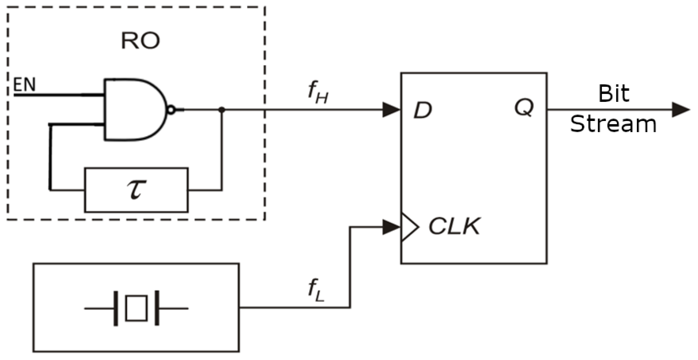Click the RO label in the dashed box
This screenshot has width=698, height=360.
[140, 41]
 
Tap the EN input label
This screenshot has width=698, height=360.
[24, 85]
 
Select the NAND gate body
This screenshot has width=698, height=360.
[133, 109]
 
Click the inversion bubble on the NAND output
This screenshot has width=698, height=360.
[172, 109]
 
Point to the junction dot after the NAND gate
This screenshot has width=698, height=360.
[222, 109]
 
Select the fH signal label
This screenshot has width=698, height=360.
[318, 93]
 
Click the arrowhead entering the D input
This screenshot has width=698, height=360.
[391, 109]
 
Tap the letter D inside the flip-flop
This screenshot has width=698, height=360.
[422, 110]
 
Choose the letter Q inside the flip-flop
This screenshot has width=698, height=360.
[523, 107]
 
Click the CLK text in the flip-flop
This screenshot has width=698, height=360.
[454, 226]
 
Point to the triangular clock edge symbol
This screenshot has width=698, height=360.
[409, 227]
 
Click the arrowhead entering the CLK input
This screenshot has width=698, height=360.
[391, 227]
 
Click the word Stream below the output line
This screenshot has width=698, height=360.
[613, 124]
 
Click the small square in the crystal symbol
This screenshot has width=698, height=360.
[136, 308]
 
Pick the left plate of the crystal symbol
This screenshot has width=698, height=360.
[115, 308]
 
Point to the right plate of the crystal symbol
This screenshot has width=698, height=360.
[157, 308]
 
